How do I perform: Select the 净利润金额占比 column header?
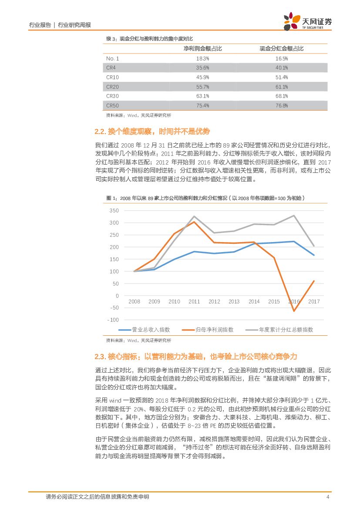pos(203,48)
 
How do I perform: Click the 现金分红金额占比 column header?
pos(282,48)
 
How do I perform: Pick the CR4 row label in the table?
pos(111,67)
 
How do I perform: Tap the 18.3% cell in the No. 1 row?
pos(203,58)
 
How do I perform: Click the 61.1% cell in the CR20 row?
pos(282,87)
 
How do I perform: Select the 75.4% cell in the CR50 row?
pos(203,105)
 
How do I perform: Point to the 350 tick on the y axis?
pos(114,211)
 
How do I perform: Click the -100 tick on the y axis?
pos(113,320)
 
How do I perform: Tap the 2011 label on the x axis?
pos(194,301)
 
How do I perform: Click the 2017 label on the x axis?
pos(314,301)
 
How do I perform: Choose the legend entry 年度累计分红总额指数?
pos(286,330)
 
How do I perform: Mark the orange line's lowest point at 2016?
pos(294,311)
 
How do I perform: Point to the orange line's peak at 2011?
pos(194,222)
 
